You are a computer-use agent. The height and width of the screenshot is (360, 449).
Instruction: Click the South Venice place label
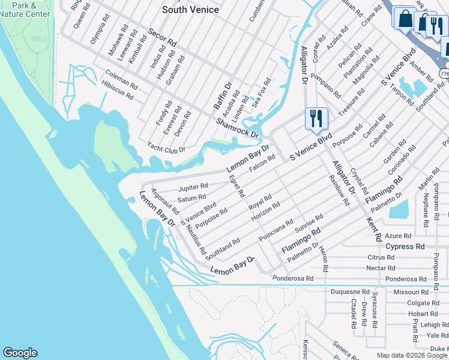(x=191, y=10)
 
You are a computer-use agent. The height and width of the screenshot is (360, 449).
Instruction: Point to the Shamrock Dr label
(x=237, y=127)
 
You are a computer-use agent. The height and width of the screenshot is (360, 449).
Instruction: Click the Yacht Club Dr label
(x=166, y=146)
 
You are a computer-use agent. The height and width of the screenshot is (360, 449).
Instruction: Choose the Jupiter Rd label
(x=193, y=187)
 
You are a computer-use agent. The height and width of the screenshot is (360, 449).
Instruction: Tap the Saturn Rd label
(x=191, y=197)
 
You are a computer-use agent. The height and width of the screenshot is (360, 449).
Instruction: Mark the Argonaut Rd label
(x=165, y=202)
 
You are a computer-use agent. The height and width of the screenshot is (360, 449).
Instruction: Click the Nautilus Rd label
(x=196, y=238)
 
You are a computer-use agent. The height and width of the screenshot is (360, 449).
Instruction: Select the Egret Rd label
(x=236, y=186)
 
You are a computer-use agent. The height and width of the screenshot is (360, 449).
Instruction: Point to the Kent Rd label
(x=373, y=229)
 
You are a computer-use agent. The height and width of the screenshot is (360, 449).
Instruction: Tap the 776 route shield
(x=444, y=73)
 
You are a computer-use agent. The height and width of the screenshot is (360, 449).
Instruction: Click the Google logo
(x=20, y=353)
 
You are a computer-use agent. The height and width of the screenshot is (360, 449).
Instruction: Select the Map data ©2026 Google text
(x=411, y=355)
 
